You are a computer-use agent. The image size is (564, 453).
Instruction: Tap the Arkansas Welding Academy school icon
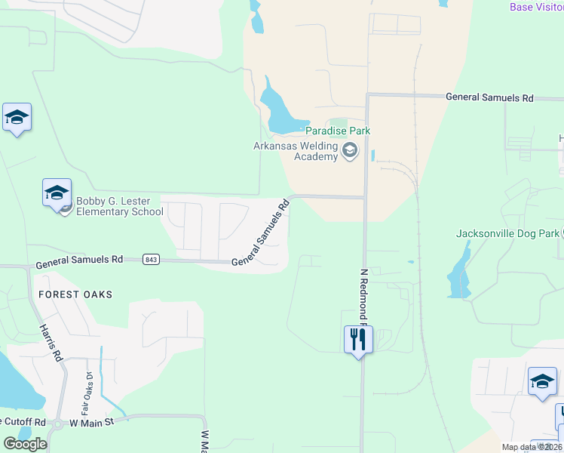349,152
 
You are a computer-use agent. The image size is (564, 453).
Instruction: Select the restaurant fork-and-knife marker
358,340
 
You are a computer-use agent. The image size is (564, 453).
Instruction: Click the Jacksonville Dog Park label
507,233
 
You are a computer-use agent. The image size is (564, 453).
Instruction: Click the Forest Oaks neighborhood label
75,294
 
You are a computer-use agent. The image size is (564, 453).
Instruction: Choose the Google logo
26,444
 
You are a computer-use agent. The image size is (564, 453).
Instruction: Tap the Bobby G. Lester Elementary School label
119,206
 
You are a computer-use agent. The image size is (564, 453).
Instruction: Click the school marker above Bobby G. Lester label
57,194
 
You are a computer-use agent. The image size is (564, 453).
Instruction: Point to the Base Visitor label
536,7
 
